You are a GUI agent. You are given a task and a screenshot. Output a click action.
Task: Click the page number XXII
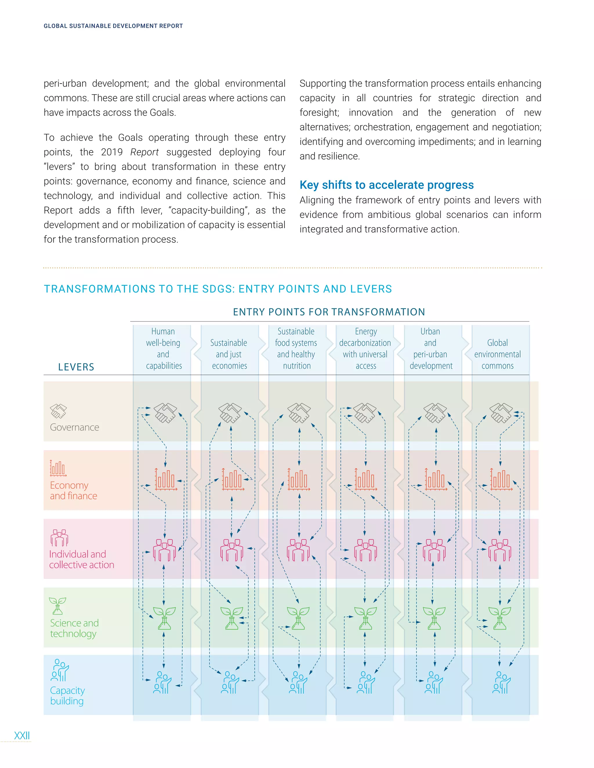point(22,735)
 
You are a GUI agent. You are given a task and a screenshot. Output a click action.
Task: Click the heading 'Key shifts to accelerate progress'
point(386,185)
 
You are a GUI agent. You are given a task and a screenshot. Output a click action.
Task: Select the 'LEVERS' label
point(76,367)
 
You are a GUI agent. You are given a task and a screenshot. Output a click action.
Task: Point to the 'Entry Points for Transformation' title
point(329,312)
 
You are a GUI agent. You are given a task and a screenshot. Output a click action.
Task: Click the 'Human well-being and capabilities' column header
point(164,348)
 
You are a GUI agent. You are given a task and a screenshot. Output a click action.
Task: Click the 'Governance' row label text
point(74,427)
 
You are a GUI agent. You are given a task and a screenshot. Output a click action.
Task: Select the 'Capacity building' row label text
point(67,696)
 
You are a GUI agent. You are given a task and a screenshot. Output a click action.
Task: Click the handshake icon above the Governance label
point(58,411)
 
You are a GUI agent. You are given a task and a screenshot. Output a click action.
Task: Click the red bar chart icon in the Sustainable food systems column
point(299,479)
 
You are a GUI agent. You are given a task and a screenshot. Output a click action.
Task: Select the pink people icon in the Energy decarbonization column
point(365,550)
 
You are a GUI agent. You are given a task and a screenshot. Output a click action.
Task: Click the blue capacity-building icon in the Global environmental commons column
point(501,683)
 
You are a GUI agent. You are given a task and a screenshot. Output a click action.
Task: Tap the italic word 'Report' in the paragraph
point(144,152)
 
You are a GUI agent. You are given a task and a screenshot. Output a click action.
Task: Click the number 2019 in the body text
point(112,152)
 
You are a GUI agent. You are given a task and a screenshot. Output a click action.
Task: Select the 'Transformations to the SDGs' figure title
point(218,289)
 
